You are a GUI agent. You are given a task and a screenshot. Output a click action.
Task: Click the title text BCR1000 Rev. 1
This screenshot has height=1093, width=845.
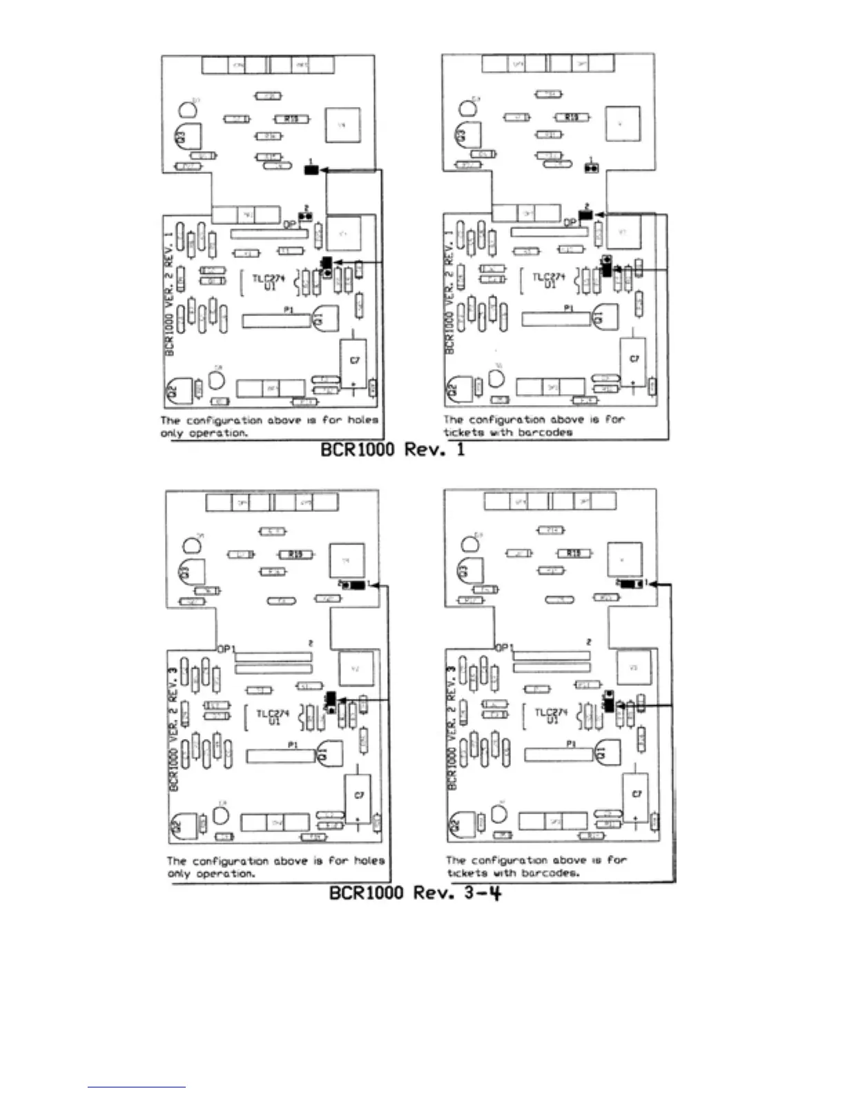click(393, 450)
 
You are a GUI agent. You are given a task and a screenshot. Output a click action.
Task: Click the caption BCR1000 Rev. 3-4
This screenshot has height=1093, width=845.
click(415, 892)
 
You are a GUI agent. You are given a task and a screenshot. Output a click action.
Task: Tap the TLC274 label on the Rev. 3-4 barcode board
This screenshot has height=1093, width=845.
click(552, 716)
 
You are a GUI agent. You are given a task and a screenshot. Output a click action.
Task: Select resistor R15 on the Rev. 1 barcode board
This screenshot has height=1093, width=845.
click(572, 118)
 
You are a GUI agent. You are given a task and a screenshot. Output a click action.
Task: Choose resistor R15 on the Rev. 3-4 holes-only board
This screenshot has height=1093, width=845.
click(295, 554)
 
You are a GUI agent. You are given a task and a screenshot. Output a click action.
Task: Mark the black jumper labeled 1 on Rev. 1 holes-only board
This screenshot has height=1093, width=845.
click(311, 169)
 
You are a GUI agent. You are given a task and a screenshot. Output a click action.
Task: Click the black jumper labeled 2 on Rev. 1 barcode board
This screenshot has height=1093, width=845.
click(586, 215)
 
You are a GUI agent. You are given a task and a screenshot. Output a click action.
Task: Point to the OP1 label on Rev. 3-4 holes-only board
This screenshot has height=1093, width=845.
click(226, 649)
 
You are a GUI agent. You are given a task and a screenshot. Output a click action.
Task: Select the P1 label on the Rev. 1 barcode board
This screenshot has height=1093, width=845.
click(568, 308)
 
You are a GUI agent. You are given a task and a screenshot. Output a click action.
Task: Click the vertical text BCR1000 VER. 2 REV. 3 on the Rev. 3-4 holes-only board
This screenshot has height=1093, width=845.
click(174, 728)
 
